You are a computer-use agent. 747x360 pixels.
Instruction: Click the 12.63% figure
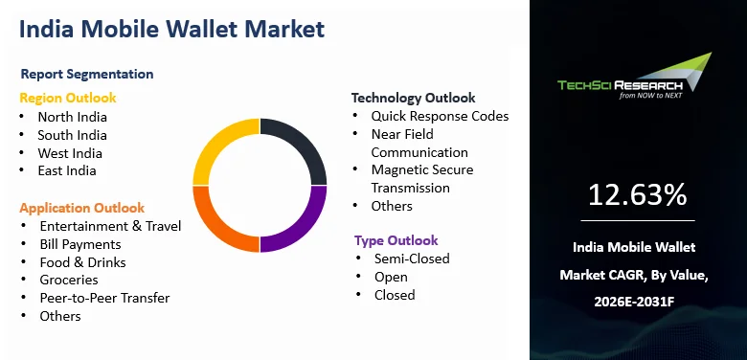coord(638,194)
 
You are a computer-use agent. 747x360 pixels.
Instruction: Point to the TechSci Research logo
coord(635,76)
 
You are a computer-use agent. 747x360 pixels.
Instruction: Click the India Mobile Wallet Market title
coord(171,29)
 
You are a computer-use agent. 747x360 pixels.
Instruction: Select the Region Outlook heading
coord(68,98)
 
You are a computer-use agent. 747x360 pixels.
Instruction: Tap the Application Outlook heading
coord(82,208)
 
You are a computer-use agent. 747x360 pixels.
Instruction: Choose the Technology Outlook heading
coord(413,98)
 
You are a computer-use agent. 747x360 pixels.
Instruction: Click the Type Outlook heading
coord(396,240)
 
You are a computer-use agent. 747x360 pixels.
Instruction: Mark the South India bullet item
coord(73,135)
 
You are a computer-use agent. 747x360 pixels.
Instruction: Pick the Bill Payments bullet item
coord(80,245)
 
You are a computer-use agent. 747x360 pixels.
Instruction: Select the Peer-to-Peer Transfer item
coord(104,298)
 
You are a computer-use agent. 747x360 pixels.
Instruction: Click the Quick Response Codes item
coord(440,116)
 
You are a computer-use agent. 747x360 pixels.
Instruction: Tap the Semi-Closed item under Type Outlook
coord(412,259)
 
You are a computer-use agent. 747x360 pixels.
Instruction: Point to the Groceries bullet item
coord(69,280)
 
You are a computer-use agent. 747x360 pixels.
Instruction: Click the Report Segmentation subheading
coord(87,75)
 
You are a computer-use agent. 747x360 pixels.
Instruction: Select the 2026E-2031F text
coord(634,302)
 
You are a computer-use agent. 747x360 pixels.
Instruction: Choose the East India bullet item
coord(67,171)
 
